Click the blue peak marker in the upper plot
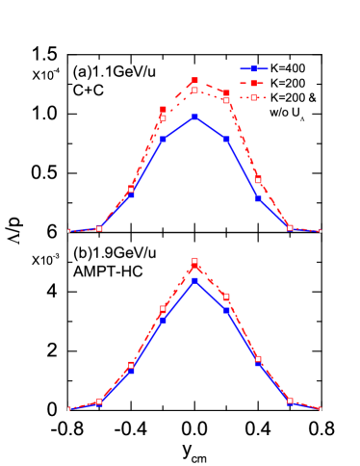[194, 116]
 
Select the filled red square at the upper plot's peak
[194, 80]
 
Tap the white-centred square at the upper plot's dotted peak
[194, 90]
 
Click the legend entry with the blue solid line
[254, 69]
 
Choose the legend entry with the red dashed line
[254, 84]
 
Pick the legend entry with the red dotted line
[254, 98]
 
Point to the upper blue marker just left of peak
[163, 140]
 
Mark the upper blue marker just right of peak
[226, 140]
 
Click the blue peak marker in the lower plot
[194, 280]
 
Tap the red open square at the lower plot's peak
[194, 261]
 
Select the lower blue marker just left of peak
[163, 319]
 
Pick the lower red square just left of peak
[163, 309]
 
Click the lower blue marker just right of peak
[226, 310]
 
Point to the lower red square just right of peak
[226, 297]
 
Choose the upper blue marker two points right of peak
[257, 197]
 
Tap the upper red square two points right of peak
[258, 180]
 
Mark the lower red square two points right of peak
[258, 359]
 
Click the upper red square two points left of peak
[131, 190]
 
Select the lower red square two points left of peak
[131, 365]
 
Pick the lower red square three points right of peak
[290, 401]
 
